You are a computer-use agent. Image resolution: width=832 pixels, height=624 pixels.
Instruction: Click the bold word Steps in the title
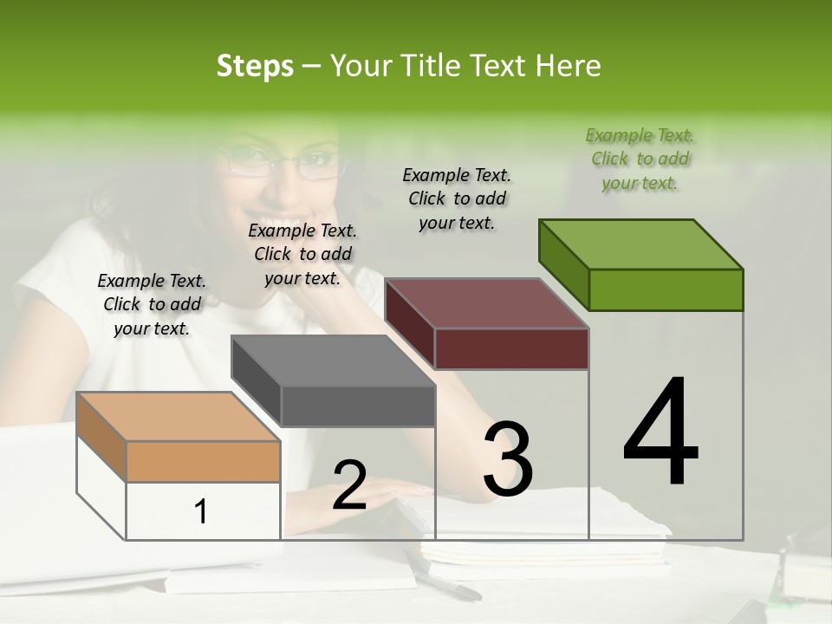pyautogui.click(x=255, y=66)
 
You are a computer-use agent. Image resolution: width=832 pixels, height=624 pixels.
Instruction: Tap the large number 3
pyautogui.click(x=507, y=459)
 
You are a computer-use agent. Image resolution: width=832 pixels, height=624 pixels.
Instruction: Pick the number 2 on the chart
pyautogui.click(x=349, y=485)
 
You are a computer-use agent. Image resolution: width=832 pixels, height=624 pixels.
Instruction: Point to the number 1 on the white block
pyautogui.click(x=201, y=511)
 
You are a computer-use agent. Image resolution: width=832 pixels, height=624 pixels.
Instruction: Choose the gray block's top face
pyautogui.click(x=333, y=361)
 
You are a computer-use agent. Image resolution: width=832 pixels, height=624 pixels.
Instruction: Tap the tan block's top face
pyautogui.click(x=179, y=416)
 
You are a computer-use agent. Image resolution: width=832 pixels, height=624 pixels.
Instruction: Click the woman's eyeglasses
pyautogui.click(x=282, y=162)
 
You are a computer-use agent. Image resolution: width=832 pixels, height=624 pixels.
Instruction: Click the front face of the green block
pyautogui.click(x=666, y=289)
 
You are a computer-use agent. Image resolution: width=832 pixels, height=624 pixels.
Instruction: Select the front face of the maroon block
pyautogui.click(x=511, y=348)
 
